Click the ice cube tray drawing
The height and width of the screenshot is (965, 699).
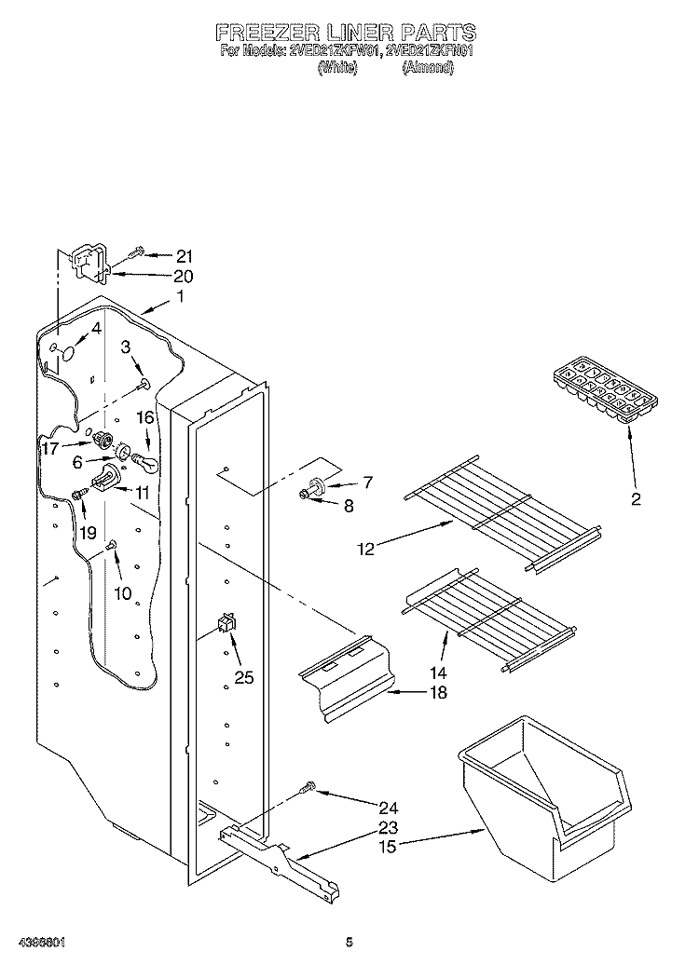pos(603,389)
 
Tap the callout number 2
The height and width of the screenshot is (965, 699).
pos(636,499)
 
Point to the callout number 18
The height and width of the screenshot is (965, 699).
pos(437,692)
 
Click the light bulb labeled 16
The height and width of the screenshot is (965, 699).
pos(147,458)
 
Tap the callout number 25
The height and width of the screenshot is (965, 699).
pos(243,677)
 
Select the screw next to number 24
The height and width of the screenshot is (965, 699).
pos(308,789)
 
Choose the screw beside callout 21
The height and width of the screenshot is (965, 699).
pos(137,251)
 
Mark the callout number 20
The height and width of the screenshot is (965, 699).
pos(183,276)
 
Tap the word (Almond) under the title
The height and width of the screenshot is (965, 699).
pos(428,69)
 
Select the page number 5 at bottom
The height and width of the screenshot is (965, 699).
pos(349,942)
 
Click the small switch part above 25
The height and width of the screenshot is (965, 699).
pos(226,623)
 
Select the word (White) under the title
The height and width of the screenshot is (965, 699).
pos(337,69)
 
